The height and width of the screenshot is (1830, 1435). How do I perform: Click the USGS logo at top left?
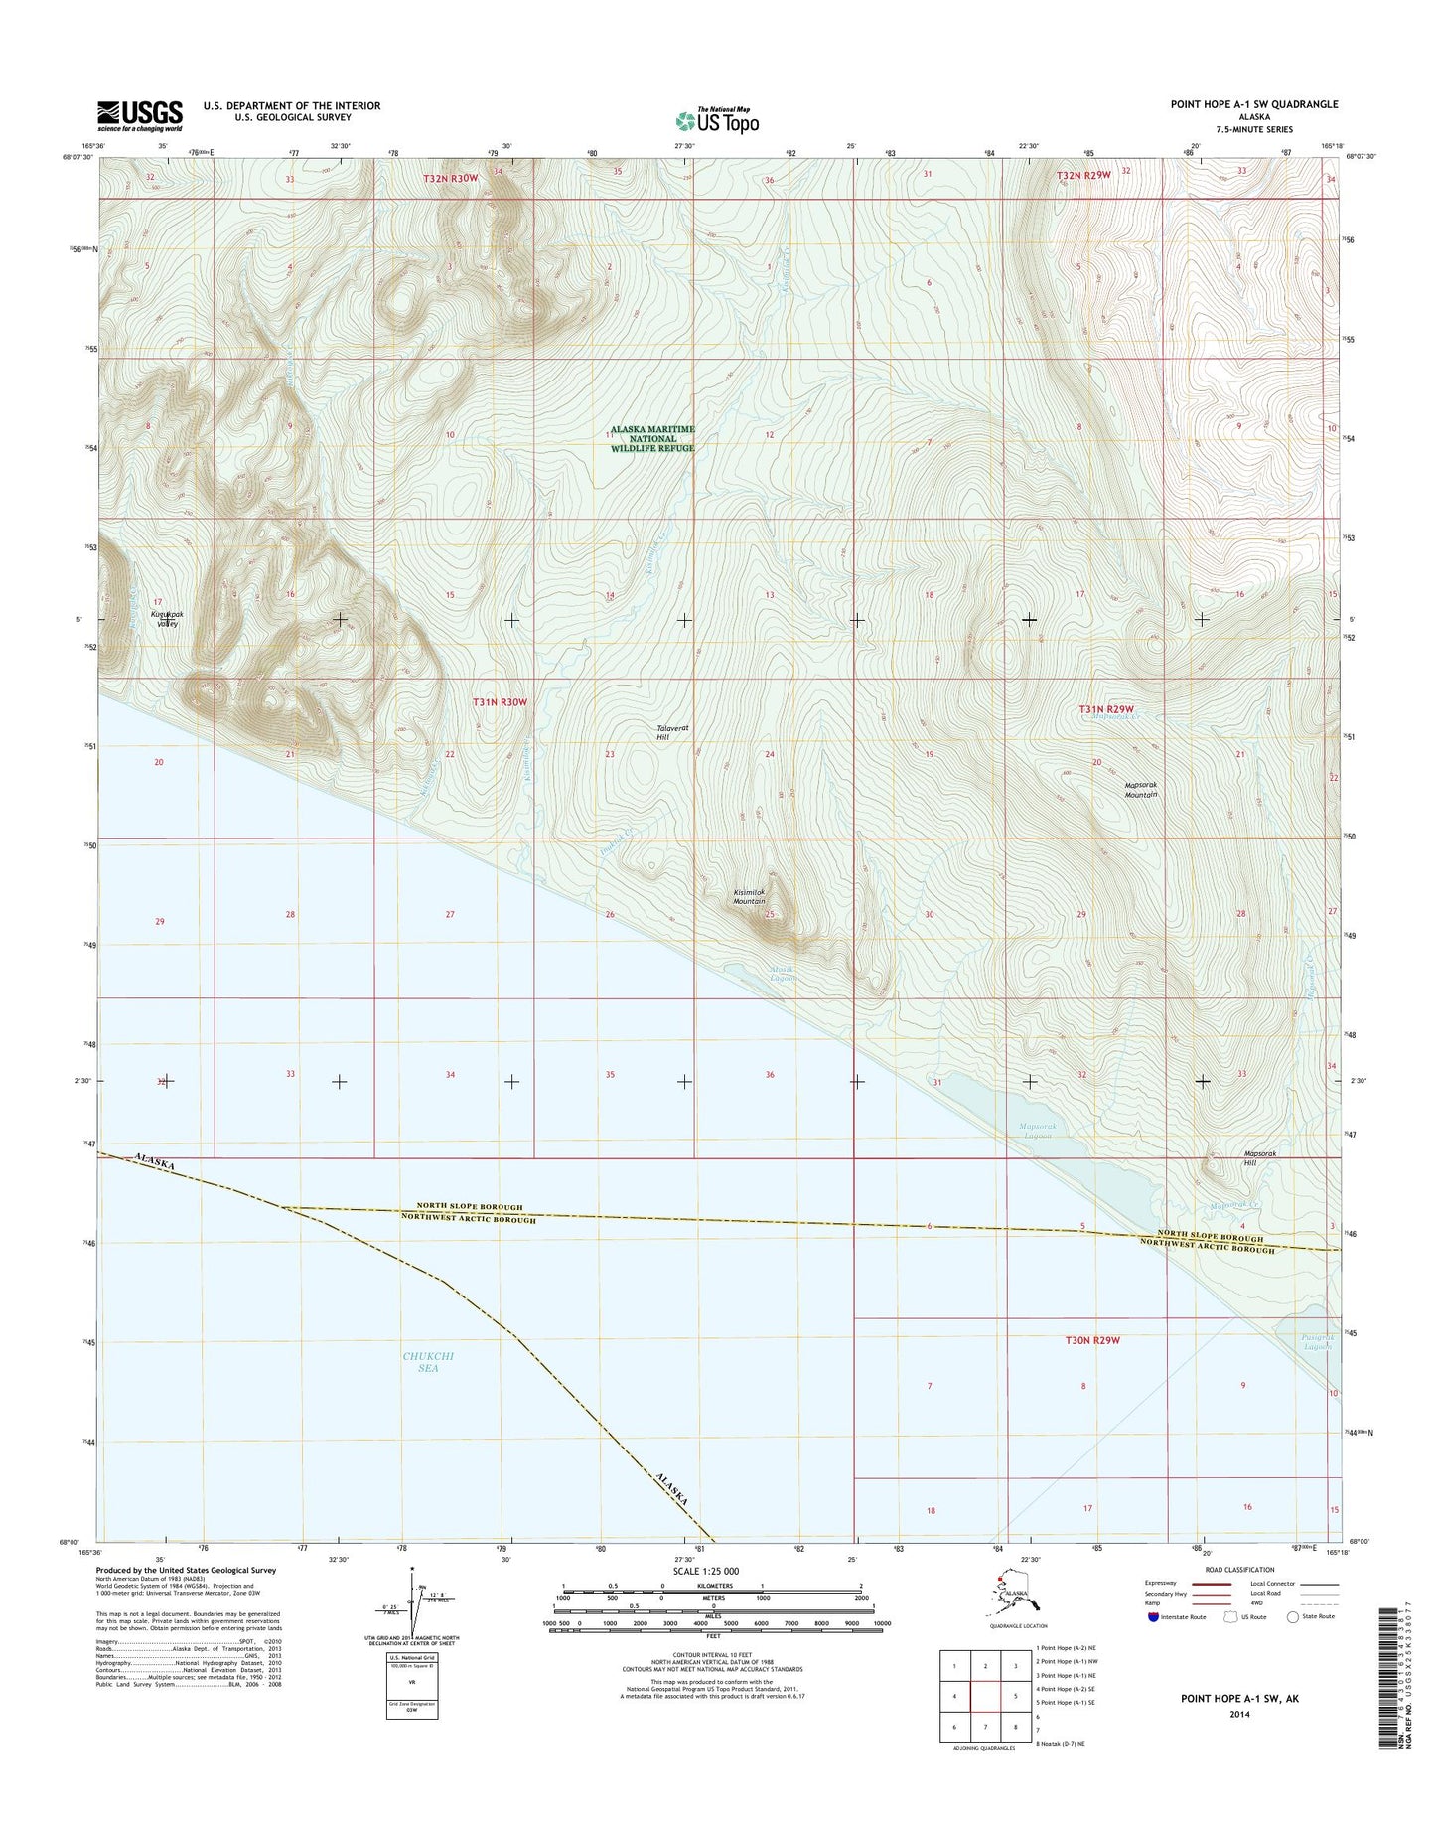[139, 115]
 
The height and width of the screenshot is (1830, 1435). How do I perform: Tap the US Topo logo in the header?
[717, 120]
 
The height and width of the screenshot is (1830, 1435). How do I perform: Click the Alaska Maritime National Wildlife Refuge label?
[652, 438]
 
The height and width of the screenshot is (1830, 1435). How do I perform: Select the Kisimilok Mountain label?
[749, 897]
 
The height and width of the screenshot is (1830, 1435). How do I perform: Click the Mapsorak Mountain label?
[1141, 790]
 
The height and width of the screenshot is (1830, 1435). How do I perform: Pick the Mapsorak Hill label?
[1259, 1157]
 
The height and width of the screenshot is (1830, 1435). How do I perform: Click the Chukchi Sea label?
[428, 1361]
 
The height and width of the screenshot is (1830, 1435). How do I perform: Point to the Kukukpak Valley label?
[165, 619]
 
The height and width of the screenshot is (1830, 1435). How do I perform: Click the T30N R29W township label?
[1085, 1340]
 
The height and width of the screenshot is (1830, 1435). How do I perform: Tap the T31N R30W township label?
[500, 702]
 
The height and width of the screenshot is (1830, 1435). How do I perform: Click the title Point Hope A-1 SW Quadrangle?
[1253, 104]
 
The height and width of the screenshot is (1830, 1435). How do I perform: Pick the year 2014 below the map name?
[1239, 1714]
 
